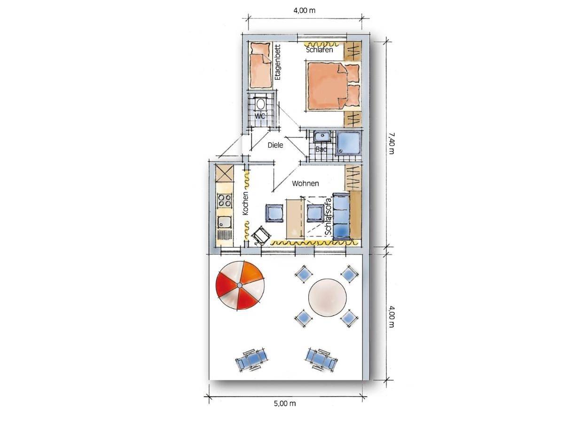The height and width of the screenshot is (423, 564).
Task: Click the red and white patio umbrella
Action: (240, 285)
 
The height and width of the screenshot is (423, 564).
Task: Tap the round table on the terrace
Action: (327, 298)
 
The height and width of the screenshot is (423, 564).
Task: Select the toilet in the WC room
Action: (260, 104)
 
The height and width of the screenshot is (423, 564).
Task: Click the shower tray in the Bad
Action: (348, 143)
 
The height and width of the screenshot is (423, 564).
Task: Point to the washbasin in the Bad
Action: (322, 136)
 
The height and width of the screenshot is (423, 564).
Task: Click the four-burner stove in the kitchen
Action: (45, 201)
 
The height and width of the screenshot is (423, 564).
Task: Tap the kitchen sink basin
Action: (45, 222)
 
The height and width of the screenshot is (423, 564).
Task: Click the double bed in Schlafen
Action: (333, 86)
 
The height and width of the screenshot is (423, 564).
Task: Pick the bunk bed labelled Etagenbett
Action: (261, 65)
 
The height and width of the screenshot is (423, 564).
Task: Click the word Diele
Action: (275, 145)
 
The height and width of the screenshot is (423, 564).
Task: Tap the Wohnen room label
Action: (305, 184)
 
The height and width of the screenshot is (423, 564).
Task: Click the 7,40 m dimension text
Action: (391, 143)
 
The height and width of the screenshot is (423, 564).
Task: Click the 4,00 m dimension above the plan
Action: (304, 10)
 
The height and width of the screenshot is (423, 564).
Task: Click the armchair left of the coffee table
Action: (274, 213)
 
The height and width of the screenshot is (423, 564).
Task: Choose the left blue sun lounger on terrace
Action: (251, 360)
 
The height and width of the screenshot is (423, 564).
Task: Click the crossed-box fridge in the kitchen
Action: (45, 173)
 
